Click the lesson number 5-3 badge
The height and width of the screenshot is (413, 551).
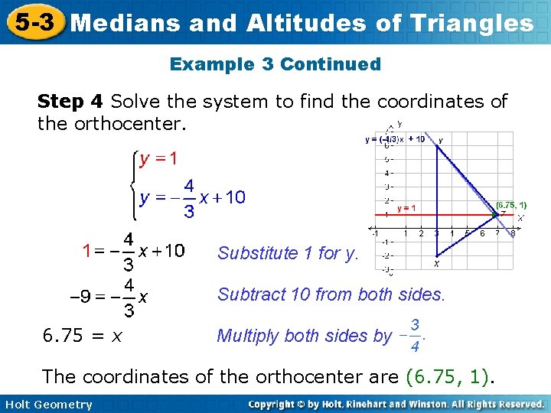[32, 22]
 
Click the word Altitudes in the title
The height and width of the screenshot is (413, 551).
[302, 23]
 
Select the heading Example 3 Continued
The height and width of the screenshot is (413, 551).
[275, 64]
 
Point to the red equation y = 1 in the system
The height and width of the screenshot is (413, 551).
[158, 159]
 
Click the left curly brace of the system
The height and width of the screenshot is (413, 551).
[133, 184]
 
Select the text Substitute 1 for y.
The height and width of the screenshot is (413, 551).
[288, 253]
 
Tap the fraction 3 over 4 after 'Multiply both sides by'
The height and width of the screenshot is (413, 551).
[413, 336]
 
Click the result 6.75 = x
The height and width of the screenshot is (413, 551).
[85, 335]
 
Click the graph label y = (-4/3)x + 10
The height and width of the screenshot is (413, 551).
[395, 139]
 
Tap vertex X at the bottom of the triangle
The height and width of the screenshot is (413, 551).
[436, 264]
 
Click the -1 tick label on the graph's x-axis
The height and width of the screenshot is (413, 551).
[375, 233]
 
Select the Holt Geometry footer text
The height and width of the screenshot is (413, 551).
[47, 405]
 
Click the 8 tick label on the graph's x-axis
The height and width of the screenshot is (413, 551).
[512, 233]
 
